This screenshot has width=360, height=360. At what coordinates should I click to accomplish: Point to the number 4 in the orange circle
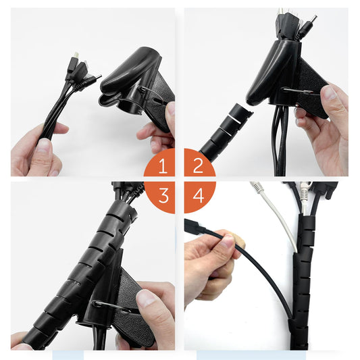197,196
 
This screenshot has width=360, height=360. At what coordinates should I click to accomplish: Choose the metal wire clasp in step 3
111,306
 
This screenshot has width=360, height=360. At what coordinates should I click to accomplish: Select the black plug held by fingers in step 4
196,229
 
